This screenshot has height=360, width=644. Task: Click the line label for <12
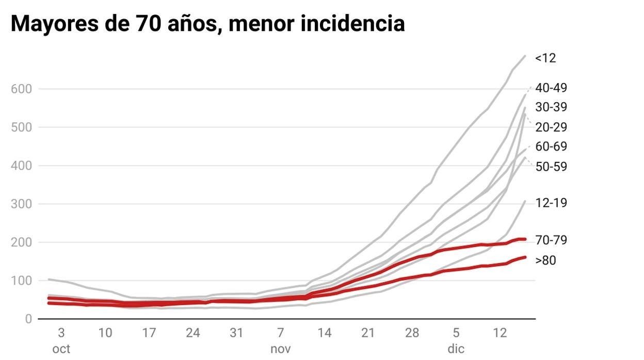pos(545,58)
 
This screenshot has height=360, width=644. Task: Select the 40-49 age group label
pos(551,88)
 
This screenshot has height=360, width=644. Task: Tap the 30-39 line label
pos(551,107)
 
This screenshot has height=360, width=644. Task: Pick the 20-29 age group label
pos(551,127)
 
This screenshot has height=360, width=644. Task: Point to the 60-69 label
pos(551,146)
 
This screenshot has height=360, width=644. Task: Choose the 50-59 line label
pos(551,166)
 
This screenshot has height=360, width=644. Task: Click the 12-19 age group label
pos(551,203)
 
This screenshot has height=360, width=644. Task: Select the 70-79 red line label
pos(551,240)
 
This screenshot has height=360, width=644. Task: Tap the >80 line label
pos(545,260)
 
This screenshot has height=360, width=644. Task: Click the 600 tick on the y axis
pos(21,89)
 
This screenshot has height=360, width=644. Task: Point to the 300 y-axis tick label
pos(21,204)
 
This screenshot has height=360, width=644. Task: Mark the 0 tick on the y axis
pos(28,319)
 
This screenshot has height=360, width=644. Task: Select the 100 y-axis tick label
pos(21,281)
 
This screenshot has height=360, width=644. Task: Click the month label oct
pos(61,349)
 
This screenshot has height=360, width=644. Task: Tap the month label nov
pos(280,349)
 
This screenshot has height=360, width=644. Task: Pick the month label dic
pos(456,349)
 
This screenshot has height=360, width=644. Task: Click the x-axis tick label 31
pos(236,333)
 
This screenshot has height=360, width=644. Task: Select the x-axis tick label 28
pos(412,333)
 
